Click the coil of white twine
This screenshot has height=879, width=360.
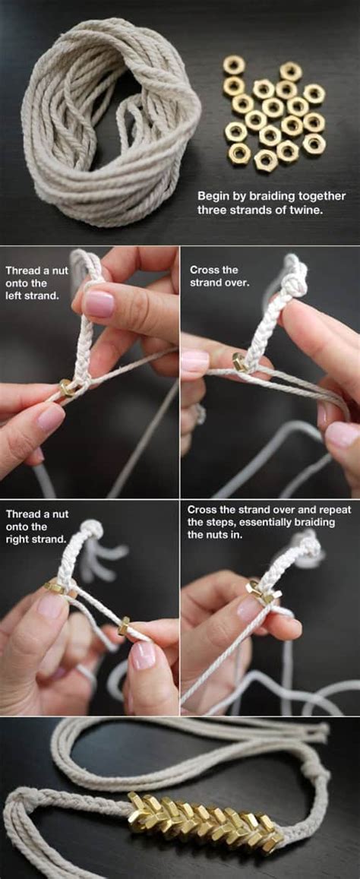coord(106,125)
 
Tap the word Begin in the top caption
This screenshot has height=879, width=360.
coord(213,195)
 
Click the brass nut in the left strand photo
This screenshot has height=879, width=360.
coord(68,387)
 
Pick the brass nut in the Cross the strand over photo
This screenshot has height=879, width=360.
coord(241,363)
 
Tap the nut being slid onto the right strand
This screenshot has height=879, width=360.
coord(123,625)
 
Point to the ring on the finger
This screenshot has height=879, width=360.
coord(201,413)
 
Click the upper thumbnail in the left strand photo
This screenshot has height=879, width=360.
coord(99,304)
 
